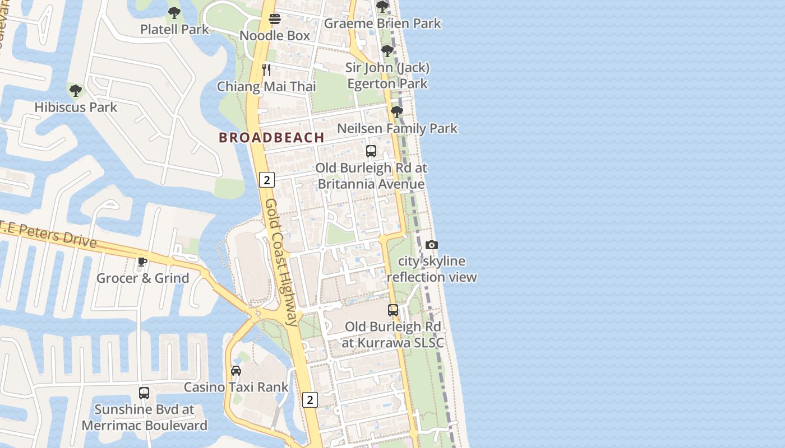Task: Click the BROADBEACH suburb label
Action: pos(271,137)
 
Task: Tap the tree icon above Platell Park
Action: pos(174,12)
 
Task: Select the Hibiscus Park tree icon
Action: pos(75,90)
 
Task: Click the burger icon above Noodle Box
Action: pos(275,19)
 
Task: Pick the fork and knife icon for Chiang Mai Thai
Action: pos(266,70)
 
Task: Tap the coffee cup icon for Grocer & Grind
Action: pos(142,262)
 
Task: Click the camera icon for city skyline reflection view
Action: pos(431,245)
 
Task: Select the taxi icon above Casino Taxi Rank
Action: pos(236,371)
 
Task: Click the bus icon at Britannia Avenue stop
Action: pos(371,151)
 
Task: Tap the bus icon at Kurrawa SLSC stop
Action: pos(393,310)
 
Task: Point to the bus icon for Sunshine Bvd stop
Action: pos(144,393)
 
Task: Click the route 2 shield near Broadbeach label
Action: pos(267,180)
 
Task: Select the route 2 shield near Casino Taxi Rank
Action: pos(310,399)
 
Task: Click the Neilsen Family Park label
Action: pos(397,129)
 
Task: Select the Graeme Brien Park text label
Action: pos(382,24)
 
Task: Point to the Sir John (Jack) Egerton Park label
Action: pos(387,76)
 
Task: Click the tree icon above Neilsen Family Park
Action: pos(397,112)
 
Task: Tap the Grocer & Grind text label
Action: pos(142,278)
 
